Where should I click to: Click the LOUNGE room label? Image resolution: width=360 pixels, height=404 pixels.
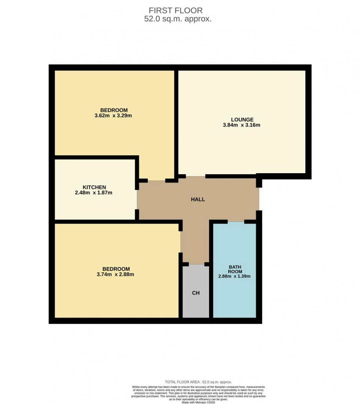[x=242, y=119]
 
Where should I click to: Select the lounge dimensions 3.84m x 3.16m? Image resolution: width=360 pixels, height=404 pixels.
[x=242, y=125]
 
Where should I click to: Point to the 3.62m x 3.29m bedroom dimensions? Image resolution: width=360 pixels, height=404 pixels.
[x=114, y=116]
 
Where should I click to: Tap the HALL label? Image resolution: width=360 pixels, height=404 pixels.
[x=198, y=200]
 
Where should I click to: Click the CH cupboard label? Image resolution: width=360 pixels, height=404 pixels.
[x=196, y=293]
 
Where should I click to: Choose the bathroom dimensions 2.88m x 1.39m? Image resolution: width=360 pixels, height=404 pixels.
[x=235, y=277]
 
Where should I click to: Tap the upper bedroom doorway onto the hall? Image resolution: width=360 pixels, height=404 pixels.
[x=156, y=180]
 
